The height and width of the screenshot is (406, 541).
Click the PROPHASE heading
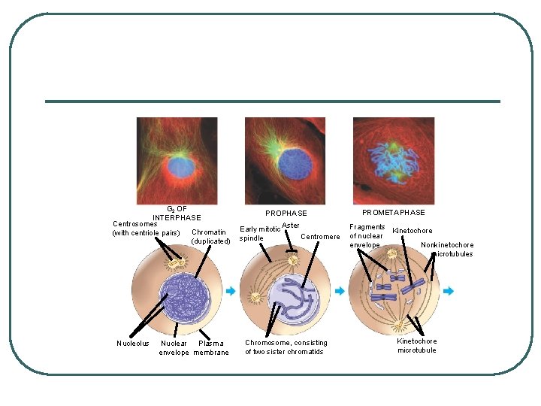point(286,214)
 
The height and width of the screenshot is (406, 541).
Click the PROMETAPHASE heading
point(393,213)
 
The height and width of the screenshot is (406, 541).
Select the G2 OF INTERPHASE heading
point(177,213)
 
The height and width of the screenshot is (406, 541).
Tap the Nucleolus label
point(134,344)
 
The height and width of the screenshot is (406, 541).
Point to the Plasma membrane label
point(210,347)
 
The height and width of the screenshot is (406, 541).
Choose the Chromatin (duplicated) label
point(210,236)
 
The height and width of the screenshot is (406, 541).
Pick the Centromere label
point(320,237)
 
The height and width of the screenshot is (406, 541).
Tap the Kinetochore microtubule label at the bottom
point(417,346)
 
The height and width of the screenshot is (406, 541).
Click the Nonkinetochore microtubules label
point(448,249)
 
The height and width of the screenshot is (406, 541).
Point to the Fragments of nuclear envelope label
point(367,235)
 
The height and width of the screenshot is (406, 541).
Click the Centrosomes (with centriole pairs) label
point(146,228)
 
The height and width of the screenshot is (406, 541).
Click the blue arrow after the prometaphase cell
point(449,291)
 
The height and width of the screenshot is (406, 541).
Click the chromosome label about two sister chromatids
point(286,347)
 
